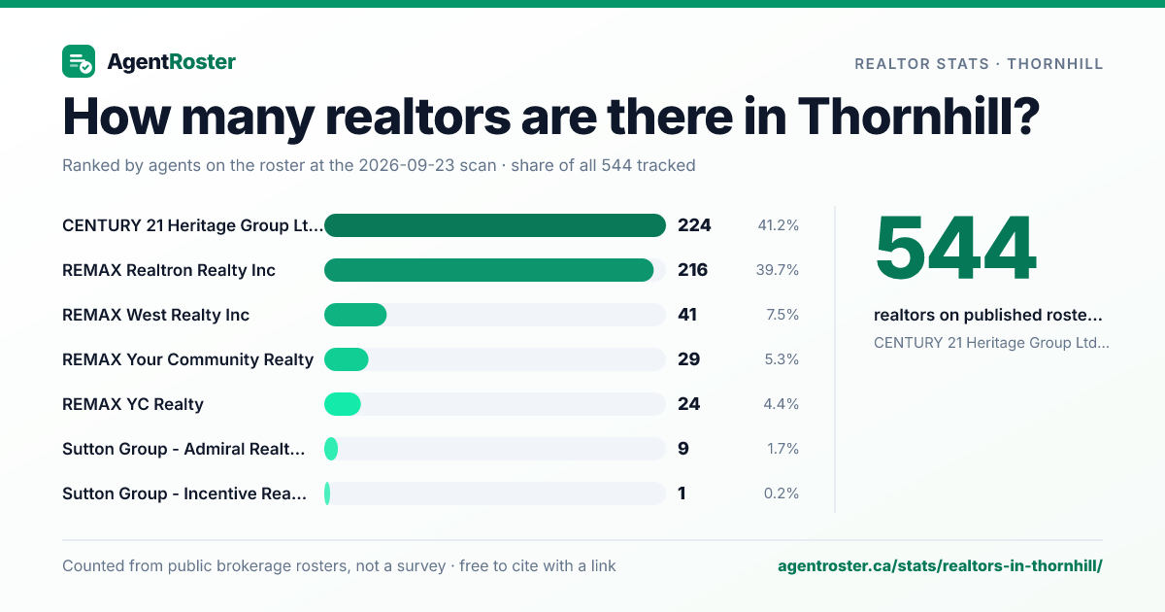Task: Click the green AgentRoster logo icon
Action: [79, 61]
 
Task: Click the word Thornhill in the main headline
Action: [918, 117]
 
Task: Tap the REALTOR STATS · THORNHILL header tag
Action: [979, 64]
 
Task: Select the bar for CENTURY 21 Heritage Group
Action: [494, 225]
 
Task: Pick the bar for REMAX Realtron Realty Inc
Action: [489, 270]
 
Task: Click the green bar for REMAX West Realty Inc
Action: [355, 315]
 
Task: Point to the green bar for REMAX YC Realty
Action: [342, 404]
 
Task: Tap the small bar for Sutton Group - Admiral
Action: [331, 449]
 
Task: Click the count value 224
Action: [694, 225]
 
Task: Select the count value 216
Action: [692, 270]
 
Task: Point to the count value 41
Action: [687, 315]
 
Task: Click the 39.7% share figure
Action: [777, 270]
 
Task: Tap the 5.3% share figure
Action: [782, 359]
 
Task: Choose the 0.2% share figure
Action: [782, 493]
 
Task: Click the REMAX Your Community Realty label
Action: [187, 359]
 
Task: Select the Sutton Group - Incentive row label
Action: [184, 493]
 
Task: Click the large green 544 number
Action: [956, 248]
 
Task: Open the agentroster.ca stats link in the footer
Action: [940, 565]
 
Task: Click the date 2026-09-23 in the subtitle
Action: [427, 165]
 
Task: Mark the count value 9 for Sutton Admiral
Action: [682, 449]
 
